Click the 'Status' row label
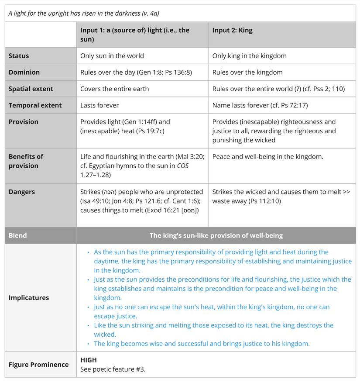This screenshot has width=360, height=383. point(19,56)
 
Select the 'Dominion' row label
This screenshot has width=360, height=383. point(24,72)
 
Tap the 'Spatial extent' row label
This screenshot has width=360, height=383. point(31,89)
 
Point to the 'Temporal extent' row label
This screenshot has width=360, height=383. point(35,105)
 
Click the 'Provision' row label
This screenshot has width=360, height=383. point(23,122)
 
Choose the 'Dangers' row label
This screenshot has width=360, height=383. point(21,192)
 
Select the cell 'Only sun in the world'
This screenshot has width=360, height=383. point(112,56)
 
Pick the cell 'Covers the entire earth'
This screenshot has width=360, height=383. point(114,89)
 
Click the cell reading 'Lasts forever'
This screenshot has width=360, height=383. point(99,105)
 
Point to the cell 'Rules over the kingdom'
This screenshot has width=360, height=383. point(247,72)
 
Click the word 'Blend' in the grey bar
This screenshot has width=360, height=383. point(17,235)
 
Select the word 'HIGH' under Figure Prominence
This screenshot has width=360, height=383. point(89,360)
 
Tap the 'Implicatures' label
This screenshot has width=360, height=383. point(29,298)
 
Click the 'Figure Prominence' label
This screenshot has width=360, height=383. point(38,365)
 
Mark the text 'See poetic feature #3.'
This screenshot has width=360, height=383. point(113,369)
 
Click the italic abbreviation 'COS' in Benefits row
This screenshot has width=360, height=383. point(182,166)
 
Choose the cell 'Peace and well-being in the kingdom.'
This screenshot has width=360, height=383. point(267,156)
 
